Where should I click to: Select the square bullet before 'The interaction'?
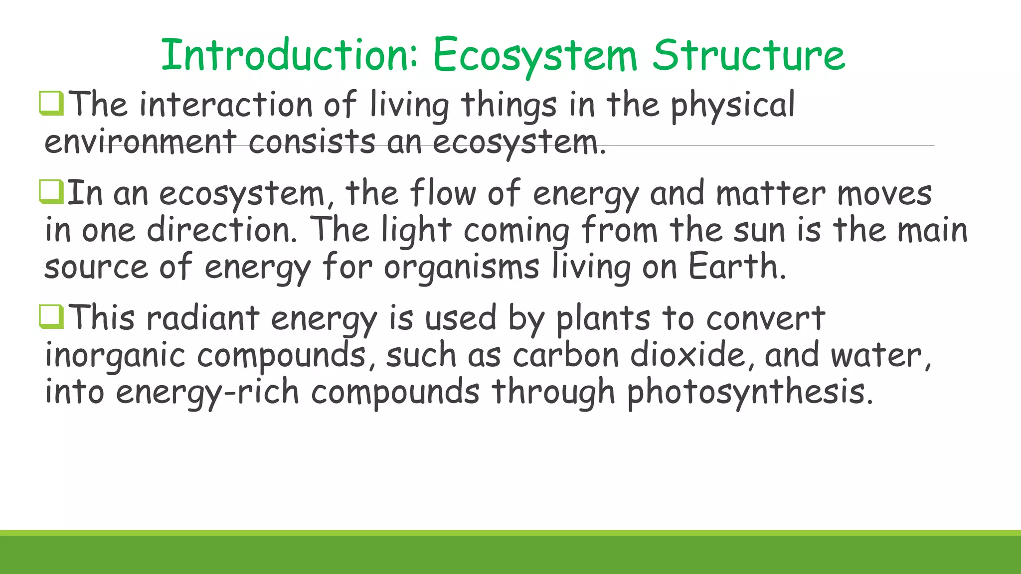[51, 103]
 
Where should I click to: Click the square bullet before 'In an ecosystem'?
[51, 192]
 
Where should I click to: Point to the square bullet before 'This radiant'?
[51, 317]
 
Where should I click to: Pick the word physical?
[732, 106]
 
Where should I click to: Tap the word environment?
[140, 142]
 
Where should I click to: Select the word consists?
[312, 142]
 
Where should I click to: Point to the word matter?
[770, 193]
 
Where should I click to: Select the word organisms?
[461, 268]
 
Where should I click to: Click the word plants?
[603, 319]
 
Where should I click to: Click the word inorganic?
[115, 356]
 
